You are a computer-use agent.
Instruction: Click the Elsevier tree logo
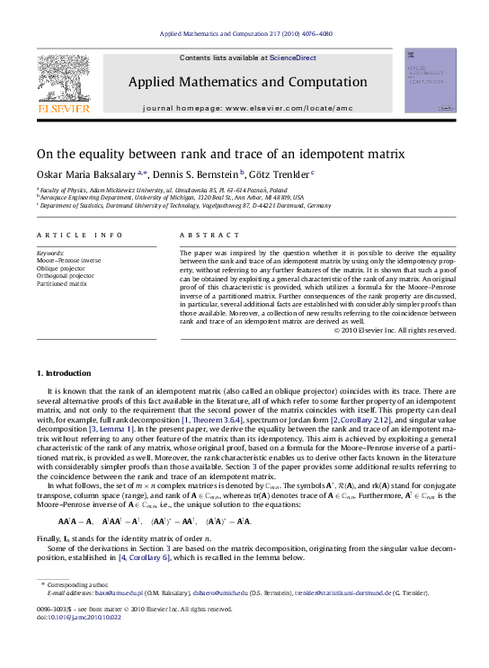tap(63, 77)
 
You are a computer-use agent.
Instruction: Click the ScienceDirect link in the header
tap(293, 58)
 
